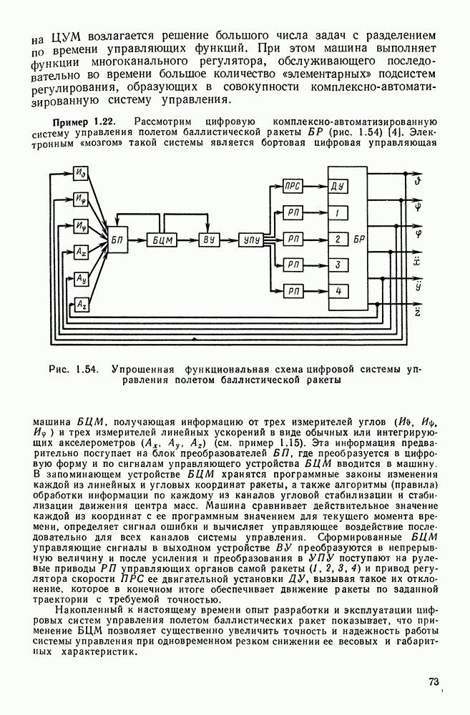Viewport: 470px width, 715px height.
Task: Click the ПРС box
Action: [x=293, y=187]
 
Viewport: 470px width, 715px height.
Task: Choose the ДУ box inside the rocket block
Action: [x=338, y=187]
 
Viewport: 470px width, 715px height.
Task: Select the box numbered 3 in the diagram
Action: [x=338, y=265]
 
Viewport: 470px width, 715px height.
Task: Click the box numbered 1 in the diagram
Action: [x=338, y=213]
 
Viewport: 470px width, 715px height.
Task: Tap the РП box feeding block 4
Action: [x=293, y=291]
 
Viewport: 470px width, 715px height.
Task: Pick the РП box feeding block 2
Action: [x=293, y=239]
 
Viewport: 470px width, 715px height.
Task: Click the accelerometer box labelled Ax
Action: [x=82, y=252]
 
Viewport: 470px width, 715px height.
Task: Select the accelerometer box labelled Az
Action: [x=82, y=305]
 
